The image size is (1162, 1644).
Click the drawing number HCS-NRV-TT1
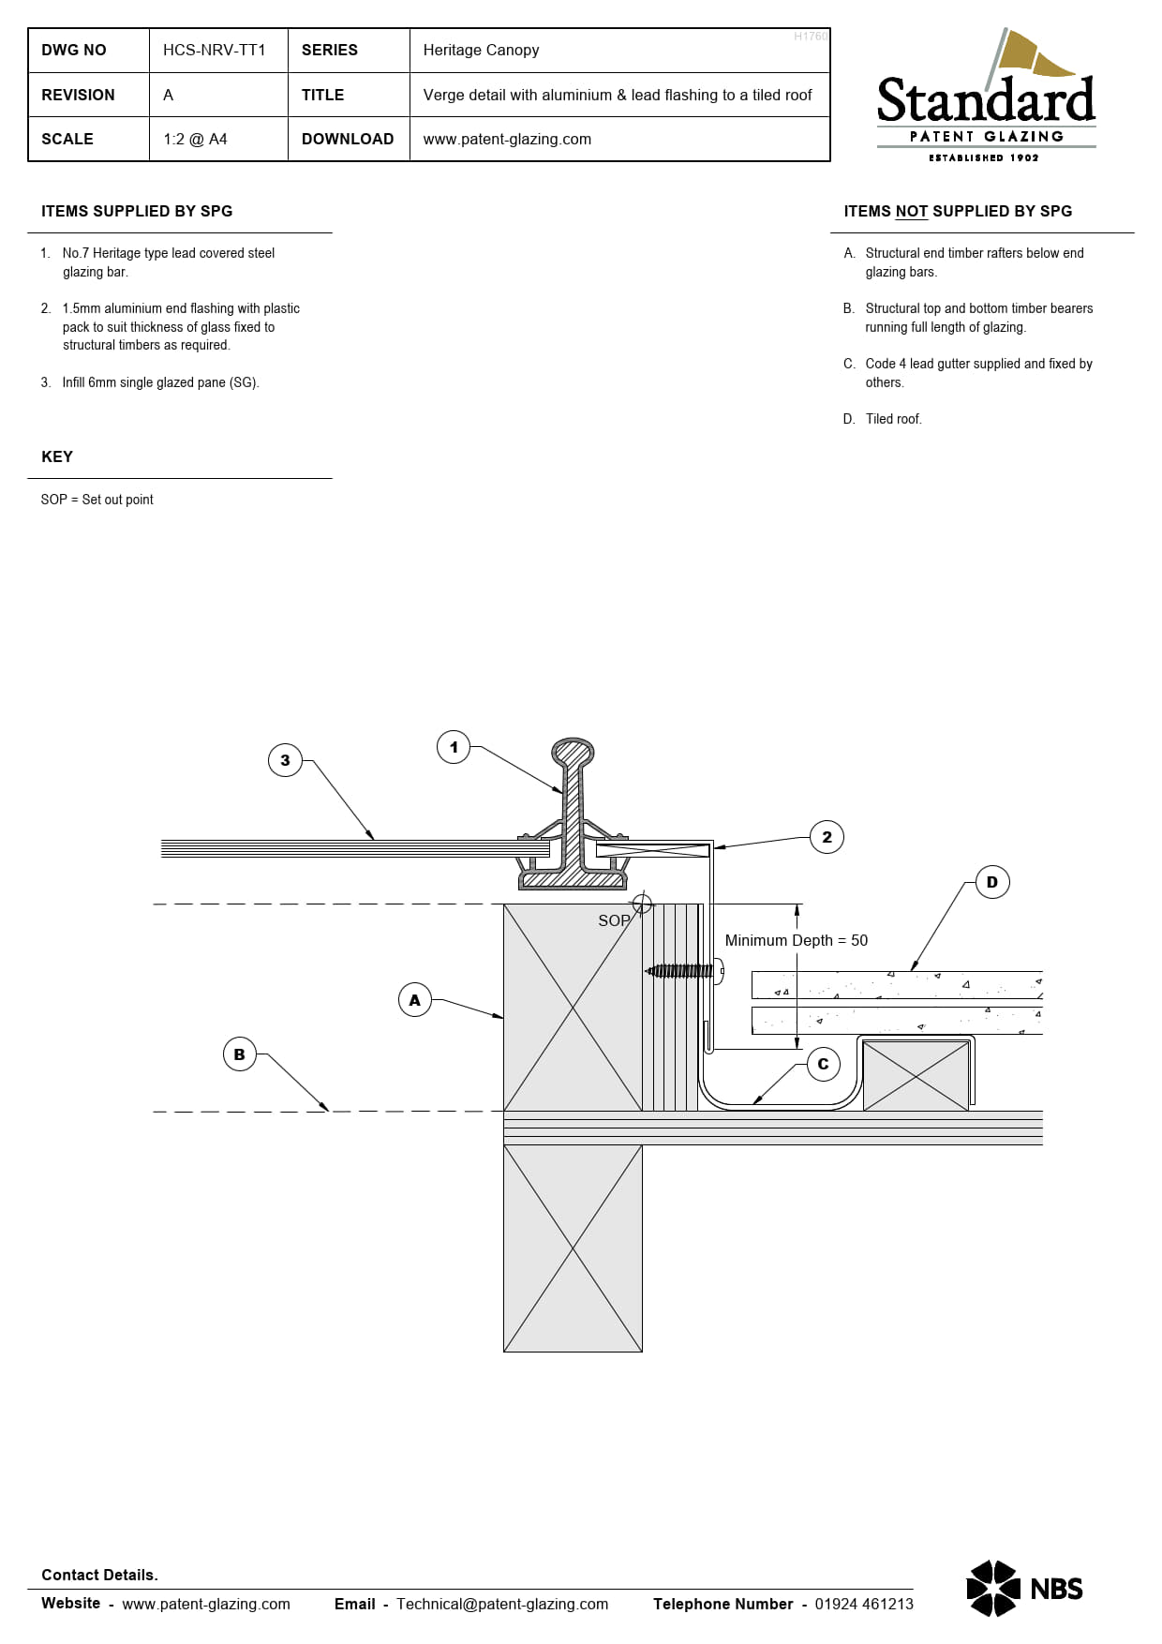coord(215,50)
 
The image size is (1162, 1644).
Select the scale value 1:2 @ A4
coord(195,139)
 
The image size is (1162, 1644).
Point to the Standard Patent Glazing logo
coord(986,96)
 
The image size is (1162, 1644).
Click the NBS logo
coord(1024,1588)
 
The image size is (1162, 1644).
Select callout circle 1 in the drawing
coord(454,747)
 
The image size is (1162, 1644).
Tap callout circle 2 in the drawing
coord(827,837)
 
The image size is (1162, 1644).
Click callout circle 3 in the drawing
coord(285,760)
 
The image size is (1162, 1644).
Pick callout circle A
coord(415,1000)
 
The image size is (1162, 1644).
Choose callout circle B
coord(239,1054)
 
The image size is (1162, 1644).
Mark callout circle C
coord(823,1064)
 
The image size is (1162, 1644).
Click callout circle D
coord(992,881)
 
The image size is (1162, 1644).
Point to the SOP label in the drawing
coord(614,920)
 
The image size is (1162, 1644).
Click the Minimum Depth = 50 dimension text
coord(797,940)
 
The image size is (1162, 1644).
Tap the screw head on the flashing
coord(719,971)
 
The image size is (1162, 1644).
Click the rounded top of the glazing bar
coord(573,753)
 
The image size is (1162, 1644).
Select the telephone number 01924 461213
coord(864,1604)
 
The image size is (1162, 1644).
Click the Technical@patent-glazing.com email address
coord(502,1604)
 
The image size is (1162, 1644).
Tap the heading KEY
coord(57,456)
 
